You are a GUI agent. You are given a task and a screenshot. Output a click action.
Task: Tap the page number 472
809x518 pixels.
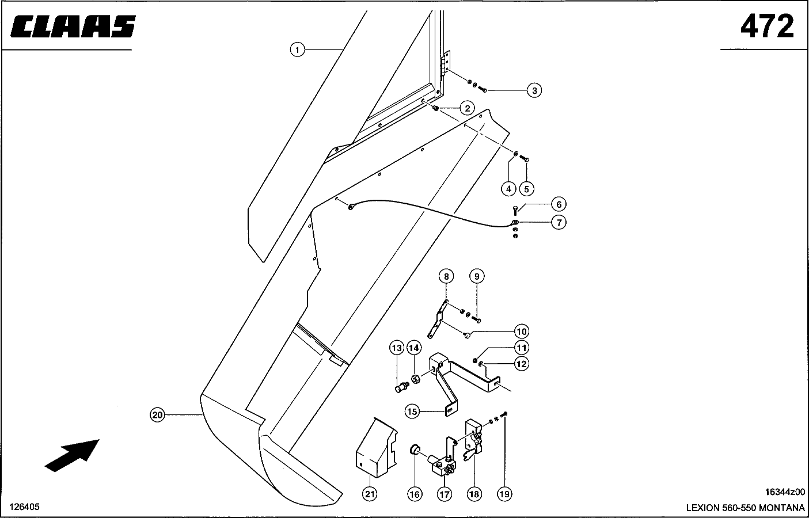(x=766, y=26)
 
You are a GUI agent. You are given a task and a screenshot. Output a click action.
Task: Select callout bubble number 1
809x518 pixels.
(x=297, y=50)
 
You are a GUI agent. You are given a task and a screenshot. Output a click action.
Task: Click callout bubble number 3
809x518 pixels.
(x=535, y=90)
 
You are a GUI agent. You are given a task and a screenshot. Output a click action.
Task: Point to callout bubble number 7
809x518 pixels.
(x=558, y=222)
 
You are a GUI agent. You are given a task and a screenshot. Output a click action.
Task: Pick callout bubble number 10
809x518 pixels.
(x=521, y=332)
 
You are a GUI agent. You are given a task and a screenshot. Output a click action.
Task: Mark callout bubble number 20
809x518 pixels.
(x=157, y=414)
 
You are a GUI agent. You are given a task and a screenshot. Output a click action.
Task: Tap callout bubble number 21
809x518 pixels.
(x=370, y=494)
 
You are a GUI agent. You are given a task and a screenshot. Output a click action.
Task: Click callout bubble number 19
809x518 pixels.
(x=504, y=494)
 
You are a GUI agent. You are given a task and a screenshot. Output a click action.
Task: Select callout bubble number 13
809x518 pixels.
(x=396, y=348)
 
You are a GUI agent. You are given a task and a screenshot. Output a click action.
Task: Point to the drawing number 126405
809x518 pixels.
(x=24, y=507)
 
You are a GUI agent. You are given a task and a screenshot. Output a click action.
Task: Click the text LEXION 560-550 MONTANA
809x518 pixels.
(x=745, y=508)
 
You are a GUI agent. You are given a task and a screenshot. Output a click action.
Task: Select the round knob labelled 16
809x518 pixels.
(x=415, y=450)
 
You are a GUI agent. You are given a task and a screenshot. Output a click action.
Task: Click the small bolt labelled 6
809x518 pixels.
(x=515, y=210)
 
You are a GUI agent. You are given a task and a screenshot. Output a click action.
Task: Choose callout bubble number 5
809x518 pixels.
(x=526, y=188)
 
